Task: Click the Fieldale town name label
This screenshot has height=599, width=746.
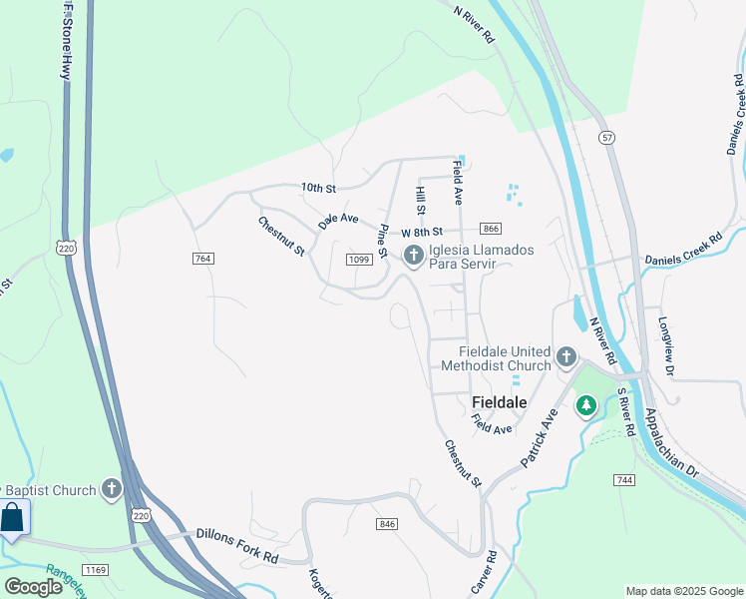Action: tap(498, 401)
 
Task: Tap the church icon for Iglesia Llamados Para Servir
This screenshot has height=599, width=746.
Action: tap(413, 257)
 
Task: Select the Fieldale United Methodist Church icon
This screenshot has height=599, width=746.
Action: tap(566, 356)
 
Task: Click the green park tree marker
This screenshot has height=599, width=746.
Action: tap(586, 405)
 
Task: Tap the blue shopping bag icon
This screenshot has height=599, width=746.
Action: tap(13, 518)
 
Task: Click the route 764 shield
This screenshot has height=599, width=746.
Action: tap(203, 259)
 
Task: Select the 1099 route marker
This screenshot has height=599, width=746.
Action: tap(359, 260)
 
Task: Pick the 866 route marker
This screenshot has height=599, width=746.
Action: tap(490, 229)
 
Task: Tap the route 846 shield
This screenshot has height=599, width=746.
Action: tap(388, 524)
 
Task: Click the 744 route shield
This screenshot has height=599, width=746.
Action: tap(625, 480)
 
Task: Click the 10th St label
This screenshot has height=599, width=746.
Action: tap(319, 188)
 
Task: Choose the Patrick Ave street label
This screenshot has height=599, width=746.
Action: tap(537, 438)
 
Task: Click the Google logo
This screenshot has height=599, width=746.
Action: tap(33, 587)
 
